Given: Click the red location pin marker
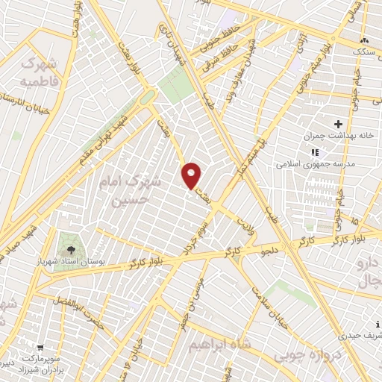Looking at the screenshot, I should tap(192, 175).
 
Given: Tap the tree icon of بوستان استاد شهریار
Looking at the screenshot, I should tap(72, 248).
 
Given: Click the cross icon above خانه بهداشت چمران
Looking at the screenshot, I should tap(339, 123).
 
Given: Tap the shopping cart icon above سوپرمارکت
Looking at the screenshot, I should tap(40, 347).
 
